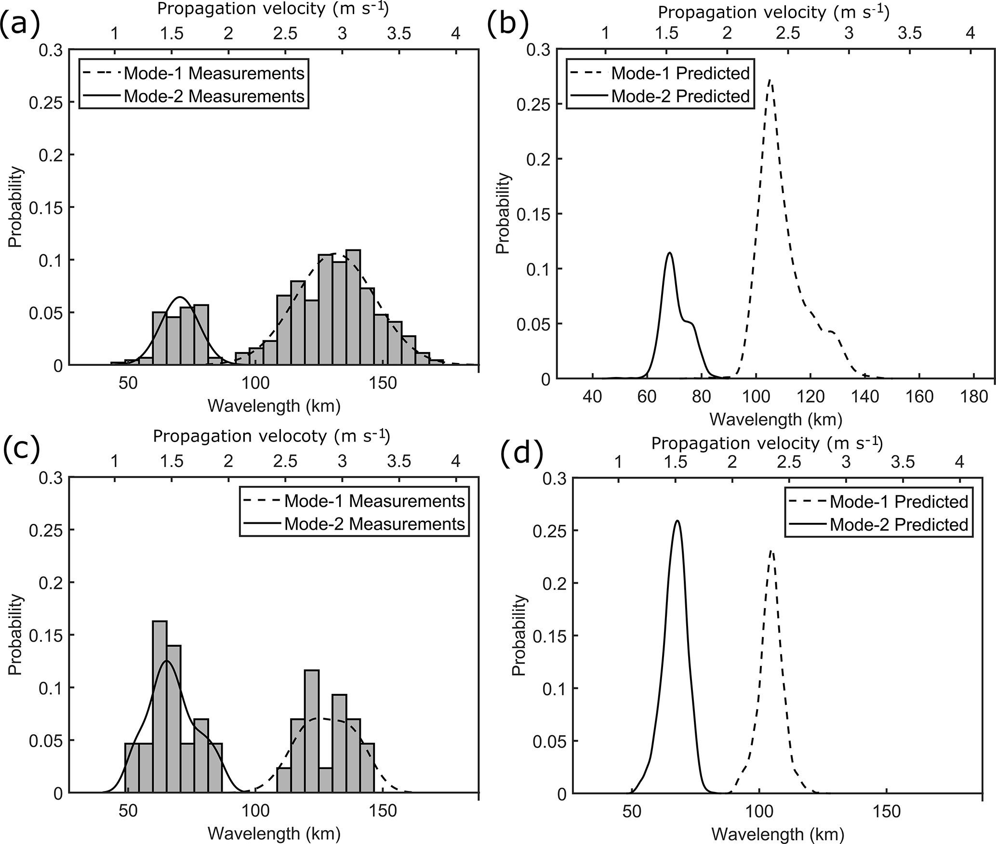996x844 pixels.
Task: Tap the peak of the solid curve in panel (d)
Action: (677, 521)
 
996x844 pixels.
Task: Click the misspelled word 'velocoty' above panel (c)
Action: (297, 436)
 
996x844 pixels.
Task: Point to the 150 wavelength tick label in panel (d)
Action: (887, 811)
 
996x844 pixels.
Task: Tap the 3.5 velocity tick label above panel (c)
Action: (399, 462)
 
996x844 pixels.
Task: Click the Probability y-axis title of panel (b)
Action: (503, 214)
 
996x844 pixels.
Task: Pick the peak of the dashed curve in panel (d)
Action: (771, 550)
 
